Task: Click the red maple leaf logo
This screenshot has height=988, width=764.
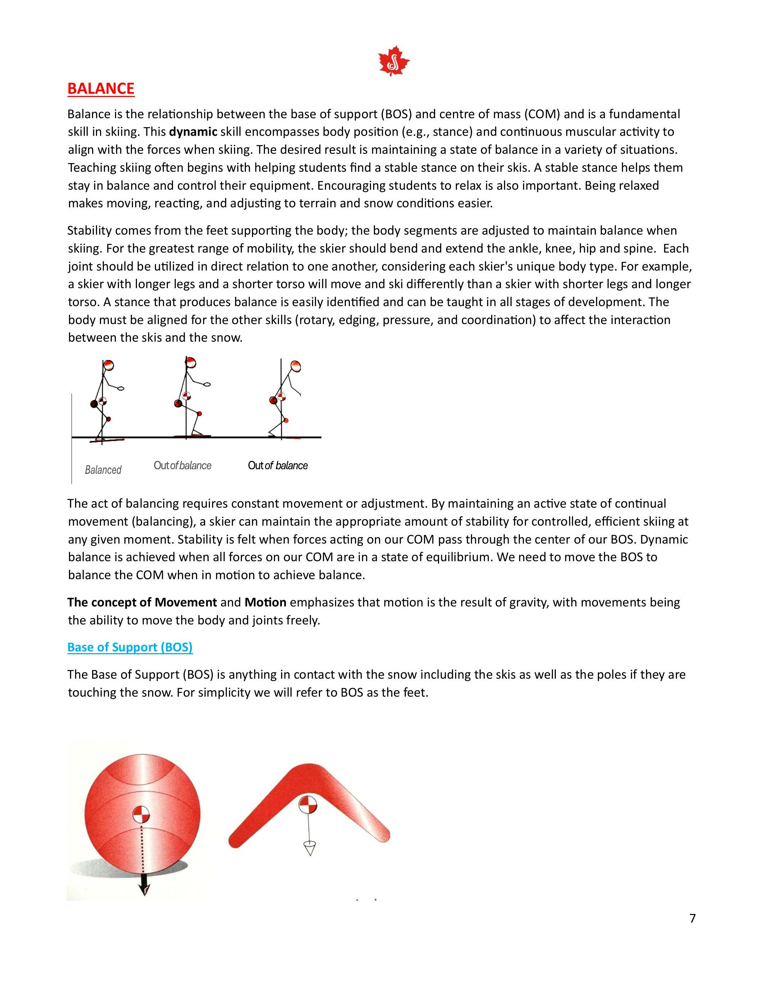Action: [394, 61]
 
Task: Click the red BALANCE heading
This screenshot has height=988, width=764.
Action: [101, 89]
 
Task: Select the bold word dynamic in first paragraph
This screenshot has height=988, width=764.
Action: [193, 131]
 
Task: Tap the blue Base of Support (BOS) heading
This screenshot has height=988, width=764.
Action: [130, 647]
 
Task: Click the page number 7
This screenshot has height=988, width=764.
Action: [692, 918]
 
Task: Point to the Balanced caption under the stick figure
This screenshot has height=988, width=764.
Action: [103, 470]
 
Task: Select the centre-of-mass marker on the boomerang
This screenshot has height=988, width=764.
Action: [308, 804]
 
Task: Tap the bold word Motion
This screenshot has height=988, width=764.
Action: [265, 603]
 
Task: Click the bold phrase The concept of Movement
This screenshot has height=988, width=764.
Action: [142, 603]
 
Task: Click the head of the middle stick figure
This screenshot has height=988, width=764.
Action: [190, 362]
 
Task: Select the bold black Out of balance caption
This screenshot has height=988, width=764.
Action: [278, 466]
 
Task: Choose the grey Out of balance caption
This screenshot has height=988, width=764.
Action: [182, 466]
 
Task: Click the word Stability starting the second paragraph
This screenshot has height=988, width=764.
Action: [89, 231]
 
